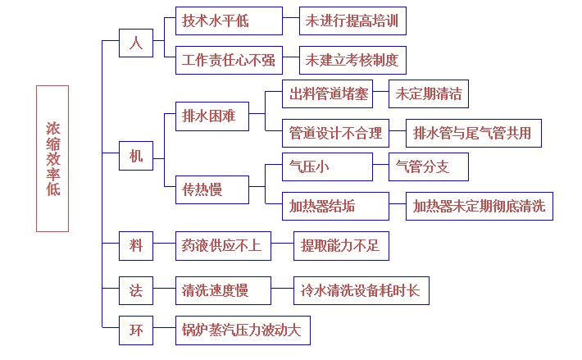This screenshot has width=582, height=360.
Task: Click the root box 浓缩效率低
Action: tap(52, 158)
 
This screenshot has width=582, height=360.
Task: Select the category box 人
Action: tap(136, 43)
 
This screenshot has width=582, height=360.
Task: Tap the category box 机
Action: tap(136, 155)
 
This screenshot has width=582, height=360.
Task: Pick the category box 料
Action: tap(136, 244)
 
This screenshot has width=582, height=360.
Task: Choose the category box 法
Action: tap(136, 289)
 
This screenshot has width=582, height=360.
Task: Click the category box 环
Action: tap(136, 330)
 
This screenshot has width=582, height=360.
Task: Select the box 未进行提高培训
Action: tap(352, 21)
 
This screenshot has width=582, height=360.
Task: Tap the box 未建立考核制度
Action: tap(352, 60)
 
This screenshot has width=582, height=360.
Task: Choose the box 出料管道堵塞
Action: tap(326, 93)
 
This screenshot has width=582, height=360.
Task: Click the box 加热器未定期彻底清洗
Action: tap(480, 206)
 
